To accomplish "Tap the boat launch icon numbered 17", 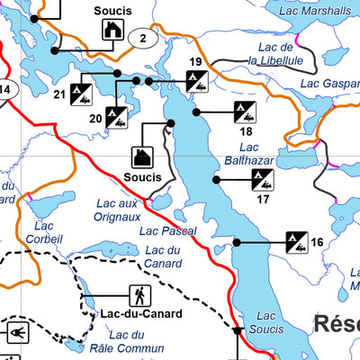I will (x=263, y=179).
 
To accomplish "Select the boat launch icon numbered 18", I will (x=243, y=112).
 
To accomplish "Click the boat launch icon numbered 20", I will (x=116, y=117).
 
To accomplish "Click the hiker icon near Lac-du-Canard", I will (x=140, y=294).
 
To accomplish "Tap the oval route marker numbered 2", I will (x=142, y=38).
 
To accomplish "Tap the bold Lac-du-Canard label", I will (x=141, y=314).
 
